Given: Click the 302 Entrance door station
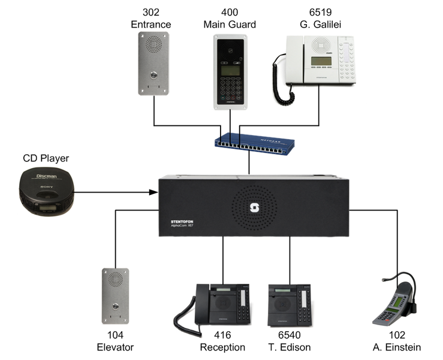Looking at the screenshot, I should (x=153, y=63).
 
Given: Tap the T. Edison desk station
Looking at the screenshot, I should (x=290, y=304).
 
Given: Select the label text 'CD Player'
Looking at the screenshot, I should (x=46, y=158).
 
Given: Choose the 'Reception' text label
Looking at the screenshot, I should (x=222, y=347).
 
